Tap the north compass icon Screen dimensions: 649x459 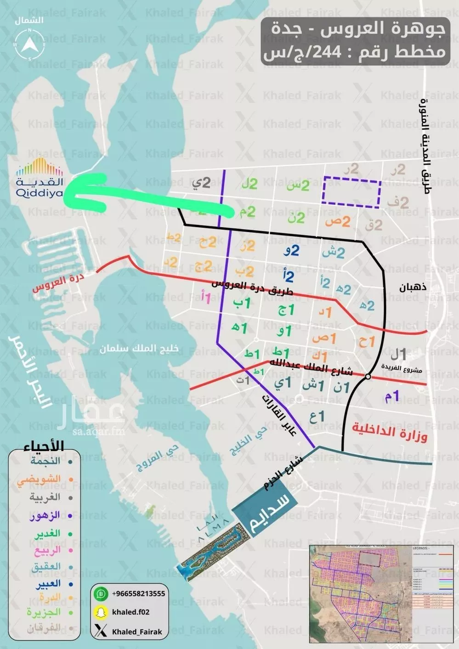click(29, 45)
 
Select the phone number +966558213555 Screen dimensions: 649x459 click(138, 593)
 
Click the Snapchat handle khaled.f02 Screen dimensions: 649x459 click(130, 612)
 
